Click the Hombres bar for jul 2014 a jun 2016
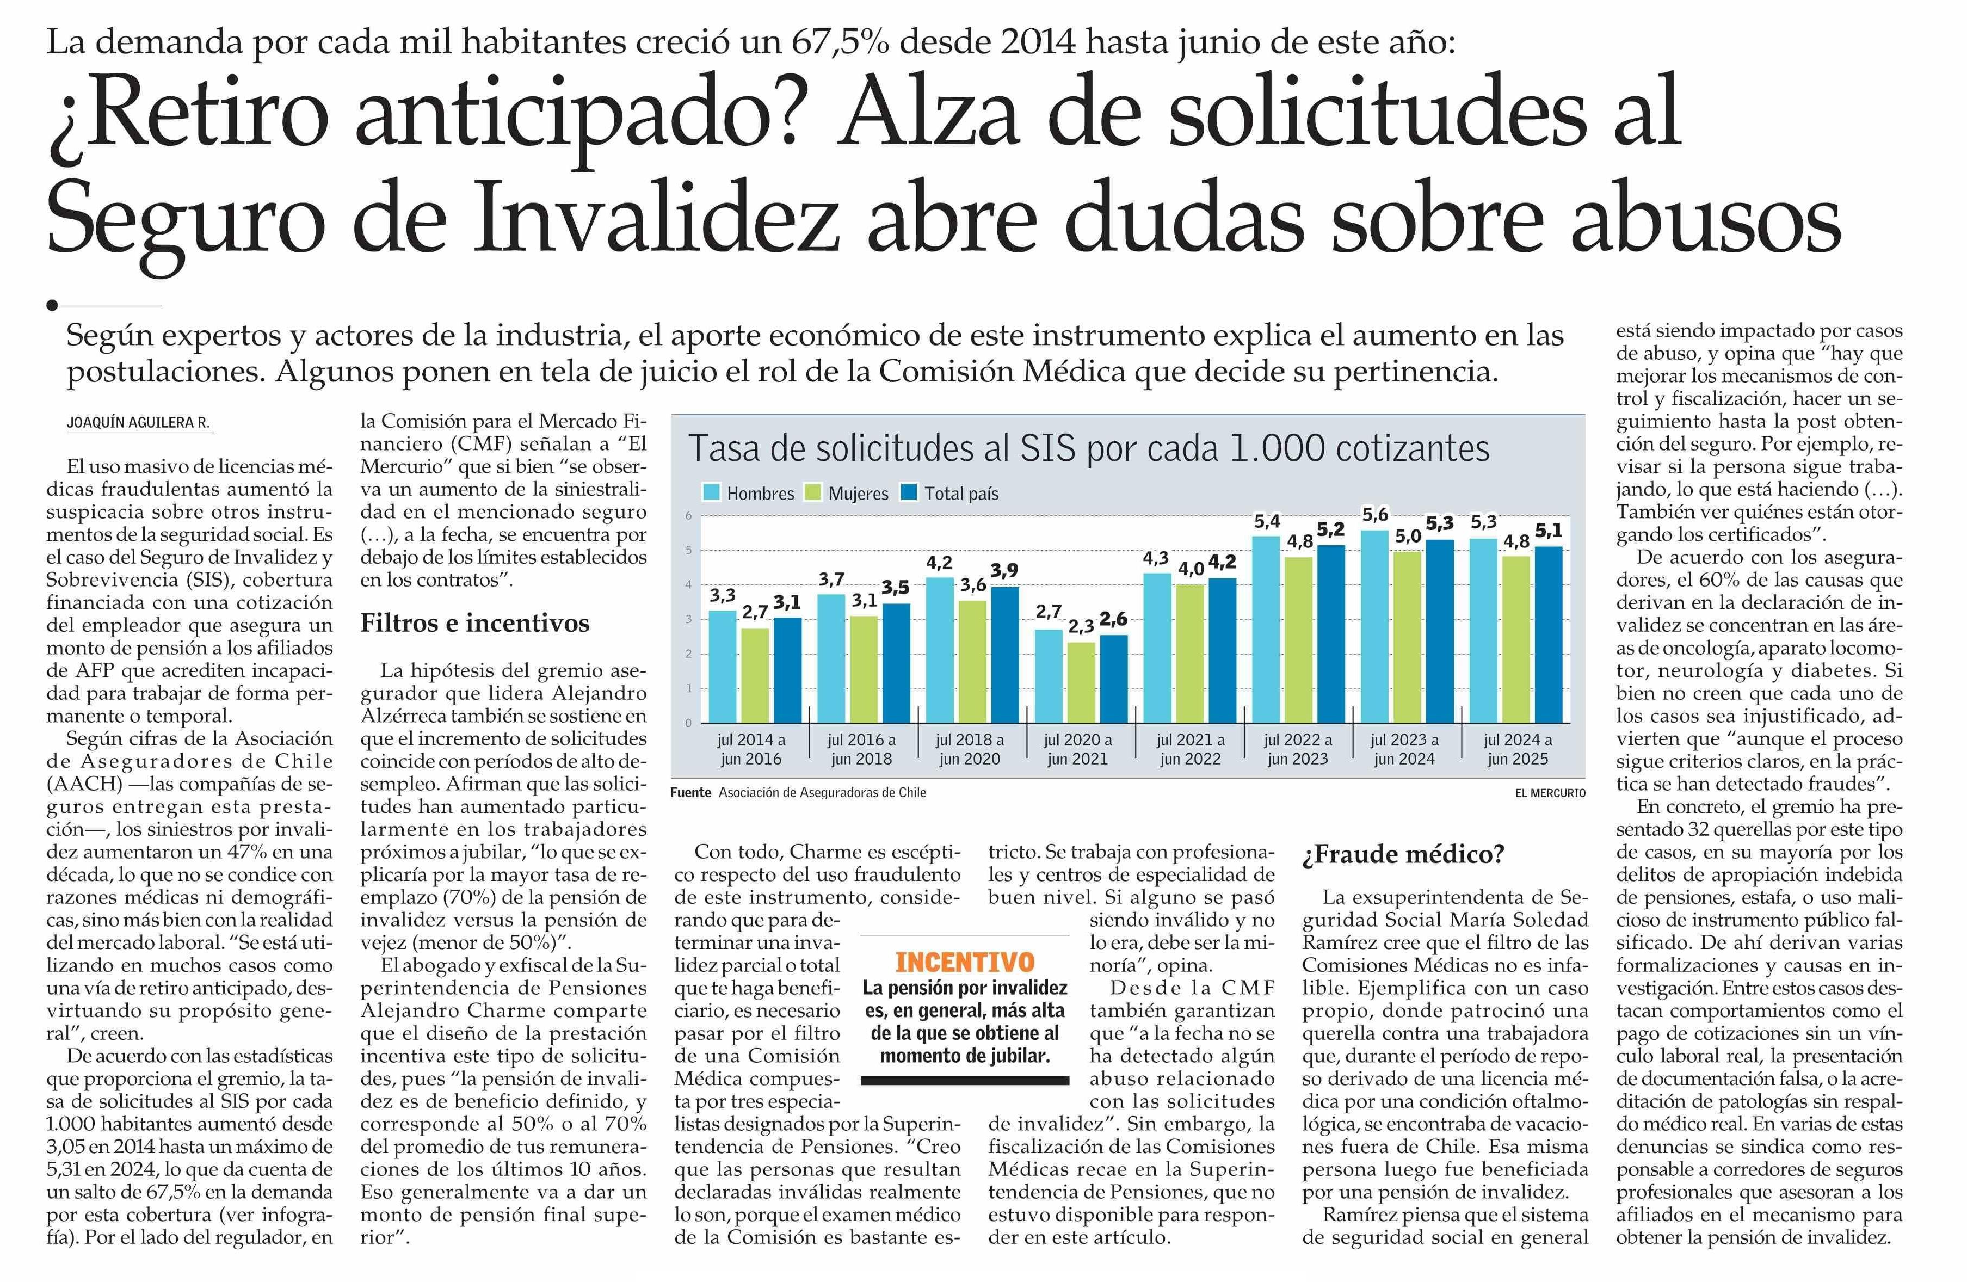723,666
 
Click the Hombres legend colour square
711,492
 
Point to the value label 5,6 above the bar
1374,515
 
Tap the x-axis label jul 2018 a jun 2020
970,749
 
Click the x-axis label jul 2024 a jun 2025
1518,749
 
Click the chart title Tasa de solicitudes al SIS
1088,449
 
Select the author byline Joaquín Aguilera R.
138,422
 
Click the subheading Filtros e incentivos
474,623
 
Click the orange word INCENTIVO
965,962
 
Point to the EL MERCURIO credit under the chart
1550,793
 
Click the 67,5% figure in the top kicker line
841,41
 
